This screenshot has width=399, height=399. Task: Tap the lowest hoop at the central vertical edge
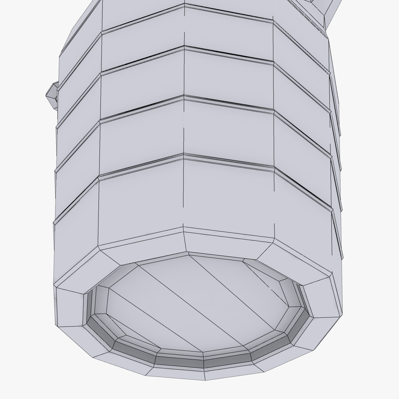[x=184, y=155]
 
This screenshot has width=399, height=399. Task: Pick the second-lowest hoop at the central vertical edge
[x=184, y=97]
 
